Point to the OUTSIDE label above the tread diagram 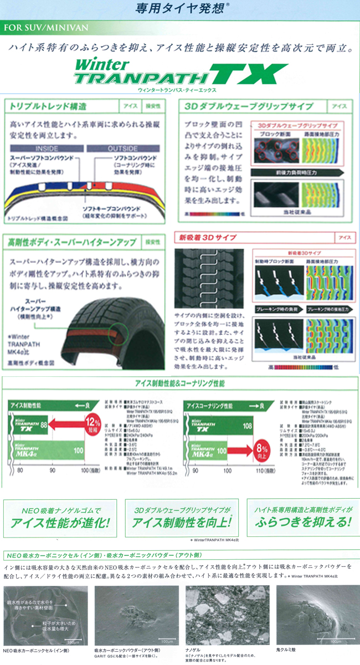click(x=123, y=149)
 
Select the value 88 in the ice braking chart click(x=43, y=425)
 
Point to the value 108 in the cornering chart click(x=246, y=425)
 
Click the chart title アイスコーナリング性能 click(x=212, y=406)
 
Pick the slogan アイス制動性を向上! click(x=180, y=523)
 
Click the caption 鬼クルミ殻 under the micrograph click(x=290, y=649)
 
